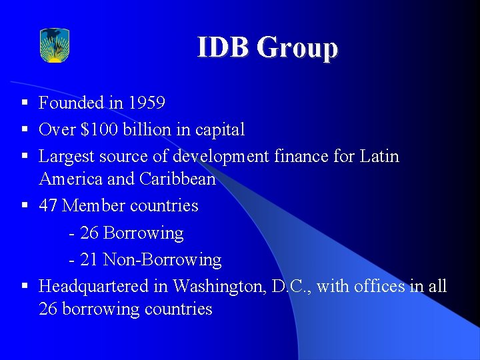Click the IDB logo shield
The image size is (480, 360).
(x=55, y=45)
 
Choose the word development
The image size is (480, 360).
(x=219, y=157)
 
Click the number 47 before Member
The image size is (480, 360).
(x=49, y=205)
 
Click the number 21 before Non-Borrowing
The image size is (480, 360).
(x=89, y=259)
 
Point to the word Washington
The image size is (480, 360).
(x=220, y=286)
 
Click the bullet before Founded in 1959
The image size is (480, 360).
(x=24, y=103)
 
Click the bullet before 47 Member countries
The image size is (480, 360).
(x=24, y=205)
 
